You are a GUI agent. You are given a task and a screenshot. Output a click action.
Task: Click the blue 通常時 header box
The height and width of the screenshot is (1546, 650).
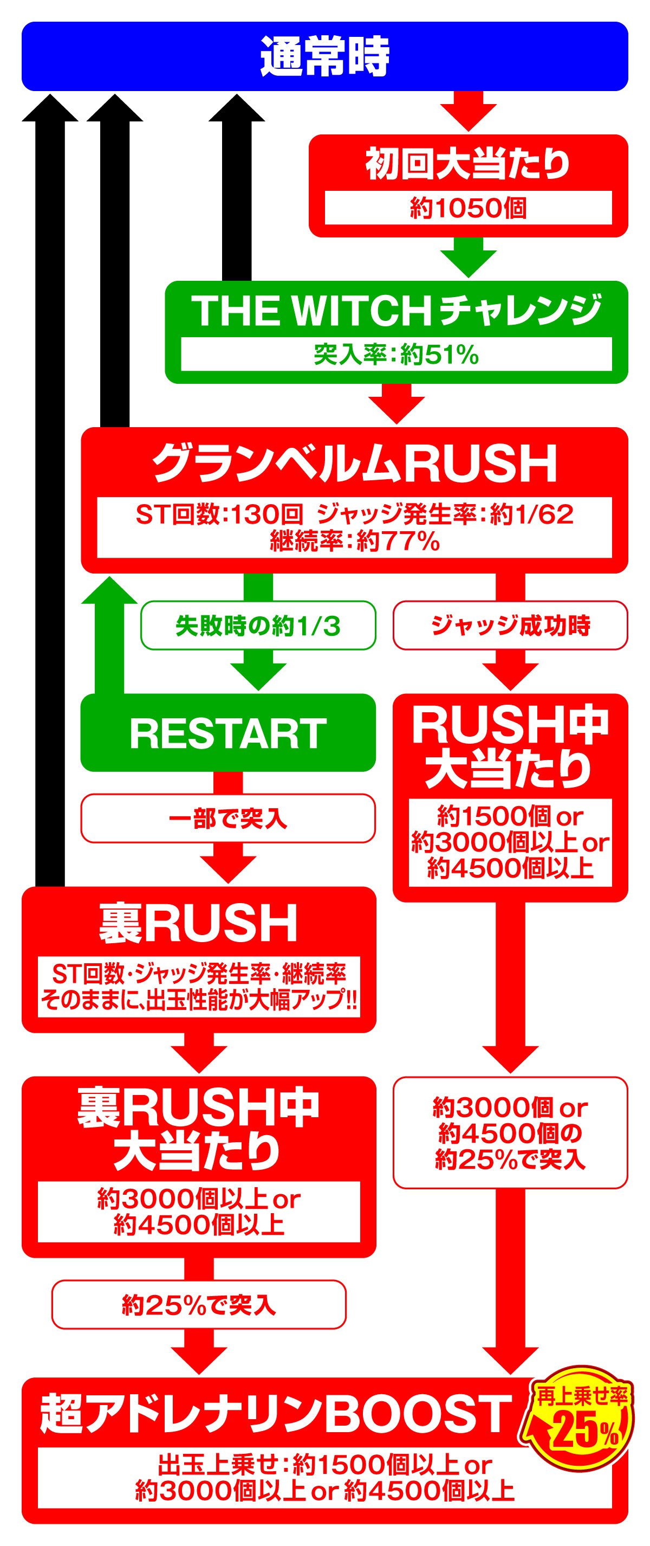(324, 56)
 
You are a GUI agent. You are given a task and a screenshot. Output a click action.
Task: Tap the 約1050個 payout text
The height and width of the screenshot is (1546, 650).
(469, 208)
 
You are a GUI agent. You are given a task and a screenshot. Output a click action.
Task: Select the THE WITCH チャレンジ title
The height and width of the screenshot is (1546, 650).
(396, 310)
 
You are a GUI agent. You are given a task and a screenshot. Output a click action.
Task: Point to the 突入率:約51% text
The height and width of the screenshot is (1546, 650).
(396, 355)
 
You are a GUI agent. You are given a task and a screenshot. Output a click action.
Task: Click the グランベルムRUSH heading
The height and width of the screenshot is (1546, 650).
(354, 463)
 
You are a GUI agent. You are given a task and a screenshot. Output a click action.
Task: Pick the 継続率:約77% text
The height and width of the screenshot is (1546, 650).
(354, 542)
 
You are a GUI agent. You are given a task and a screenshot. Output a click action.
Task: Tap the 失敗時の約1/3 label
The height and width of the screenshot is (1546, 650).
(258, 626)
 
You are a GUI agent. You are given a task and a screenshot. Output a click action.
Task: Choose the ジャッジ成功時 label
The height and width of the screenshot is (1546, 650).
(510, 626)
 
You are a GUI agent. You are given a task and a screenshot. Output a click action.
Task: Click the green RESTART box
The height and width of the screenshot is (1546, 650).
(228, 733)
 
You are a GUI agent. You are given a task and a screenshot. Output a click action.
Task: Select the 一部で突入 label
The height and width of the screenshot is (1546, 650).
(228, 819)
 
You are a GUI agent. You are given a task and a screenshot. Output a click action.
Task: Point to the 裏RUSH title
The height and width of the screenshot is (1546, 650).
(198, 924)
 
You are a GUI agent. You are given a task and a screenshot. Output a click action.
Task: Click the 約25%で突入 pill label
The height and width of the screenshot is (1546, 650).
(198, 1305)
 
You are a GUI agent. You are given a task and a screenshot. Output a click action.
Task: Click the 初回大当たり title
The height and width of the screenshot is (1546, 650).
(469, 164)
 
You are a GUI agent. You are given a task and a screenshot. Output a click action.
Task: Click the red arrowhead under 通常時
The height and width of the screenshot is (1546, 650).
(469, 118)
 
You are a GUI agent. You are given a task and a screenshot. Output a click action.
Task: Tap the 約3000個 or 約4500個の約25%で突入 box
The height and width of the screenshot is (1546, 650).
(510, 1133)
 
